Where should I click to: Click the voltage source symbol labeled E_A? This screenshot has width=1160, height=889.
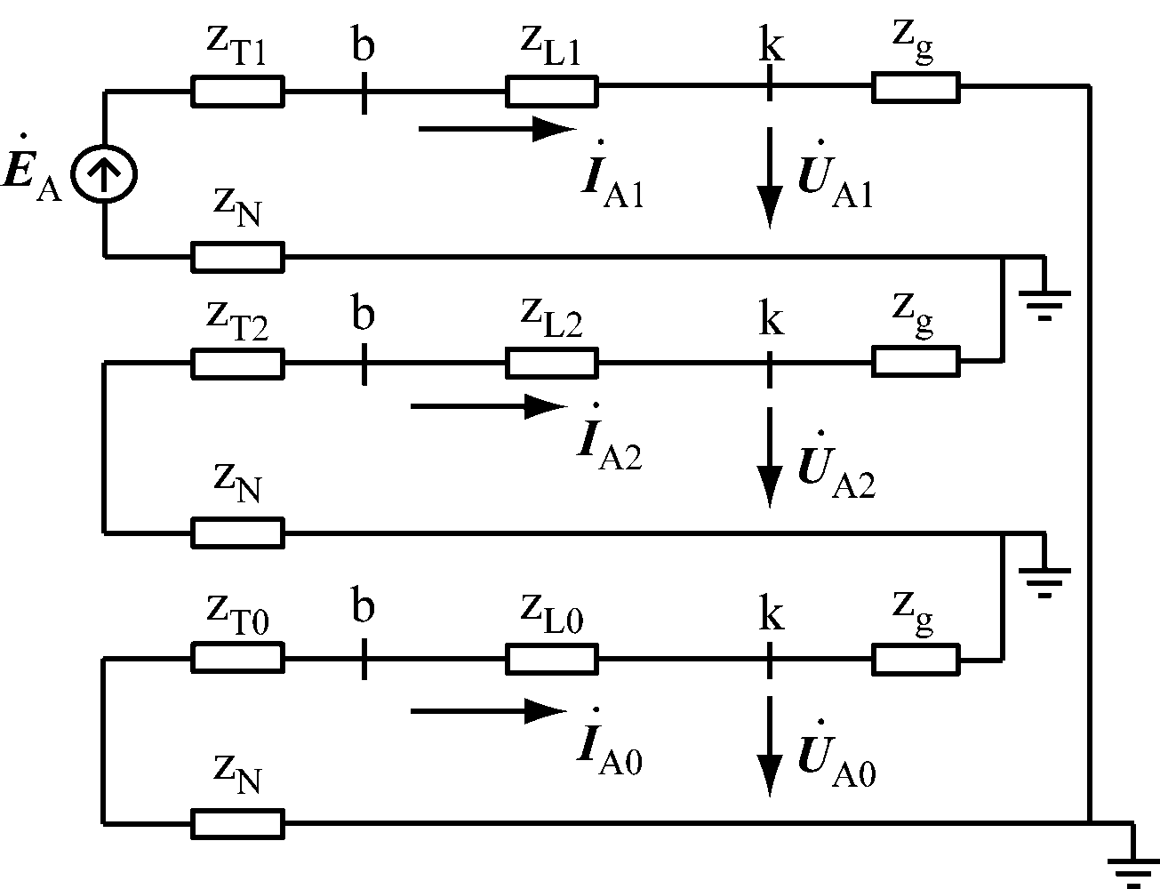coord(105,173)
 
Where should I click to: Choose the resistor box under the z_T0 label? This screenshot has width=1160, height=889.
coord(237,659)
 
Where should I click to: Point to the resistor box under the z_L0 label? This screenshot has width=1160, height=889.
coord(551,659)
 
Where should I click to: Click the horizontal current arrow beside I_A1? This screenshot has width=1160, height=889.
coord(498,129)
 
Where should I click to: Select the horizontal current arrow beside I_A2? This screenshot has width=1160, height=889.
coord(489,407)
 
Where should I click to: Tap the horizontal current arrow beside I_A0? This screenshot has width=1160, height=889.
coord(489,711)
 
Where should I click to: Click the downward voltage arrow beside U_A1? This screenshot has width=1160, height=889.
coord(770,178)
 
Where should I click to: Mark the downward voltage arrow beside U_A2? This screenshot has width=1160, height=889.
coord(770,458)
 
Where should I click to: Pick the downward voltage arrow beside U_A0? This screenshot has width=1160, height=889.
coord(770,747)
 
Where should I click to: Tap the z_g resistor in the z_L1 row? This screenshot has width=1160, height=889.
coord(916,88)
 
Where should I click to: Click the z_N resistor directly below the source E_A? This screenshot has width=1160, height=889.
coord(237,257)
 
